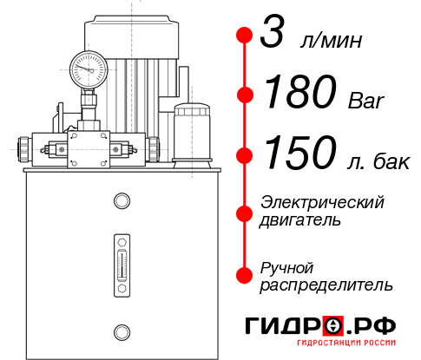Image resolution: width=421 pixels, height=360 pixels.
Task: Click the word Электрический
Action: click(x=322, y=202)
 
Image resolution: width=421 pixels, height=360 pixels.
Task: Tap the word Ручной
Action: click(x=286, y=266)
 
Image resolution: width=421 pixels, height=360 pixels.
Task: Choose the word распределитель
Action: click(x=326, y=285)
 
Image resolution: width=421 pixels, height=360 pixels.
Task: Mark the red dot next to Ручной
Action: click(x=245, y=274)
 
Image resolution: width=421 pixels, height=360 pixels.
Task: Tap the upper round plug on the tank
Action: click(x=121, y=202)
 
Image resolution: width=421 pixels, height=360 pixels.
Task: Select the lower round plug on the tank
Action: click(x=121, y=330)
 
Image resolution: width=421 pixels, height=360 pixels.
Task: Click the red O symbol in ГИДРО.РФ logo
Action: click(x=332, y=326)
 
